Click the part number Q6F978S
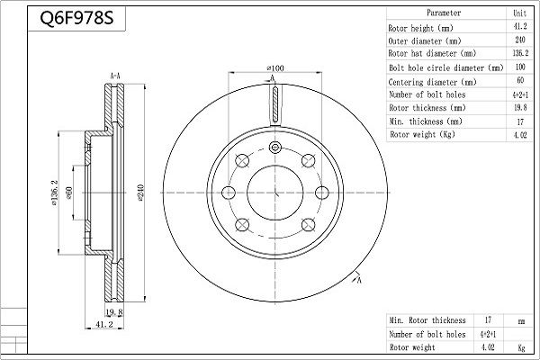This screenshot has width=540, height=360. (x=76, y=18)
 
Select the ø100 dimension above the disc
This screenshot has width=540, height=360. (x=275, y=68)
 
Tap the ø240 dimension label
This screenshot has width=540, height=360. (x=140, y=193)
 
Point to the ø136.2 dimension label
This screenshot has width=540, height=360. (x=55, y=193)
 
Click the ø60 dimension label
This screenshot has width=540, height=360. (x=69, y=193)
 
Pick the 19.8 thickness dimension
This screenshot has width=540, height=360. (x=114, y=312)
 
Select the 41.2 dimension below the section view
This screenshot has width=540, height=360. (x=104, y=324)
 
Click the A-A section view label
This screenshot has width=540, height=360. (x=115, y=76)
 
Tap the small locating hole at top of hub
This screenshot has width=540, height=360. (x=274, y=148)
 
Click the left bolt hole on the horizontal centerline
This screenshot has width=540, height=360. (x=229, y=193)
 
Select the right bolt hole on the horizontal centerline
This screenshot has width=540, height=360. (x=321, y=193)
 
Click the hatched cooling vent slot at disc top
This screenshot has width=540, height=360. (x=274, y=104)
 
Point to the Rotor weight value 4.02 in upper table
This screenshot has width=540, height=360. (x=520, y=135)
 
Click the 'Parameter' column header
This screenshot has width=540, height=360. (x=444, y=13)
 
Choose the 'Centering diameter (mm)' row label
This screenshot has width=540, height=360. (x=432, y=82)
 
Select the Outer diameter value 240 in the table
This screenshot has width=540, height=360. (x=520, y=40)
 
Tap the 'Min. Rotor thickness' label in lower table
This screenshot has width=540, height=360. (x=427, y=320)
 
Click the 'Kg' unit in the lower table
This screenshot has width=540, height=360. (x=521, y=347)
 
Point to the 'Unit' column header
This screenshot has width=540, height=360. (x=519, y=13)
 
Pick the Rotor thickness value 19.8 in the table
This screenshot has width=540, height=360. (x=520, y=107)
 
